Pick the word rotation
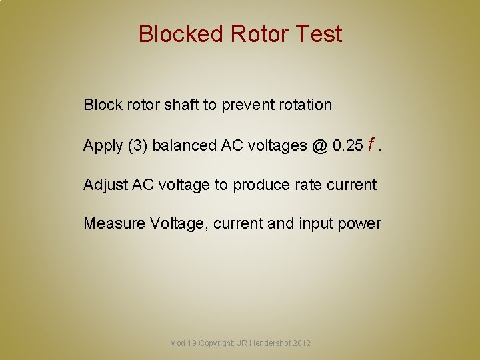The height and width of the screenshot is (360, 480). click(306, 105)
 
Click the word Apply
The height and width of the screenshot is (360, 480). click(103, 145)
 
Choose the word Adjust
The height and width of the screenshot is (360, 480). click(105, 185)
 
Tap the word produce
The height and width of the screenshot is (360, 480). click(257, 185)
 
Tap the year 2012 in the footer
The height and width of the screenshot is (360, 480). click(301, 343)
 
